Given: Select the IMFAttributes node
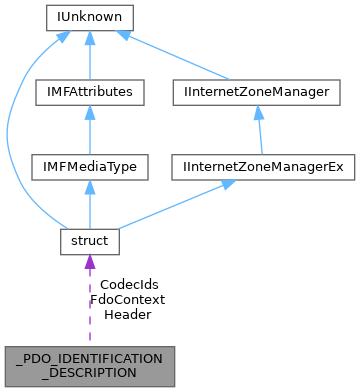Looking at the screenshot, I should coord(89,92).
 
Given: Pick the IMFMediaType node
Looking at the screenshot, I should coord(89,167).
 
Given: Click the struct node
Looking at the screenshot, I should coord(89,242).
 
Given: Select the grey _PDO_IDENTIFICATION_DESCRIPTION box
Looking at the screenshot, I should coord(89,364).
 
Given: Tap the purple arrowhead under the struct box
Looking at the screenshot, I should coord(89,263).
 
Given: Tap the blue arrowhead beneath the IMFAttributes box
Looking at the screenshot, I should coord(89,113).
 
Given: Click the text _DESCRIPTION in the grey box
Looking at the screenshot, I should coord(89,372).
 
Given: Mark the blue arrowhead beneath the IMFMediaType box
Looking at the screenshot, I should coord(89,188).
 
